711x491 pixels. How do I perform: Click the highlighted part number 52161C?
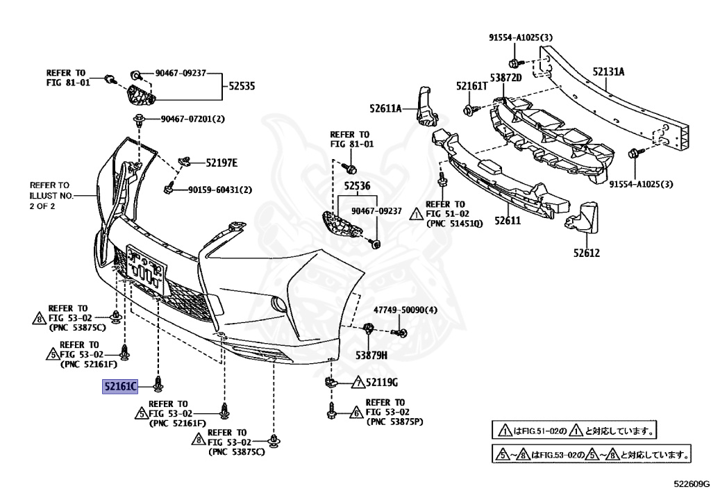point(120,386)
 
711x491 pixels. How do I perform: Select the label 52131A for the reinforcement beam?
point(608,72)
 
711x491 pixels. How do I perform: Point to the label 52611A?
point(386,108)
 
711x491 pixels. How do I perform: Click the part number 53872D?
point(505,77)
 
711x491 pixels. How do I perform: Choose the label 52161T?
point(471,86)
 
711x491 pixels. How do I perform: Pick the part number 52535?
point(242,87)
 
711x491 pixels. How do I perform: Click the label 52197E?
point(221,163)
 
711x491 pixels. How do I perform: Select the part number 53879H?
point(371,356)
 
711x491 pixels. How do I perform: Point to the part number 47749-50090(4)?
point(406,310)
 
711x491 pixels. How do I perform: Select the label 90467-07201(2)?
point(194,119)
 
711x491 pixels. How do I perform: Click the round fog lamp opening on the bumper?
point(277,303)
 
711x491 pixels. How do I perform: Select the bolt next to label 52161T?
point(469,109)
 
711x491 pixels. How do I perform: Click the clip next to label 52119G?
point(331,381)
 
